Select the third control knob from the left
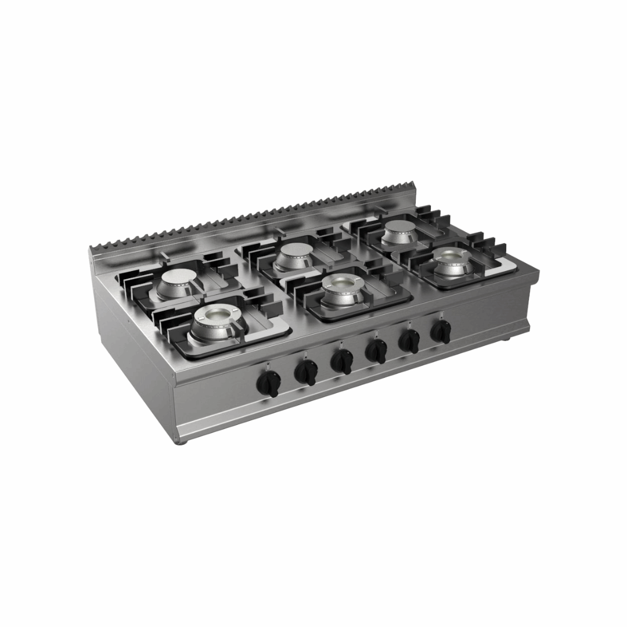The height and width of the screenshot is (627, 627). [341, 362]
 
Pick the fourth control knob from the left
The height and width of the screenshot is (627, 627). [376, 351]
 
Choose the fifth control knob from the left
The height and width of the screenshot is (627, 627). [409, 341]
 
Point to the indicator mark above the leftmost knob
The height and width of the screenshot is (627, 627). [266, 365]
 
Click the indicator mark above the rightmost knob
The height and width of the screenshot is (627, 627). [441, 315]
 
